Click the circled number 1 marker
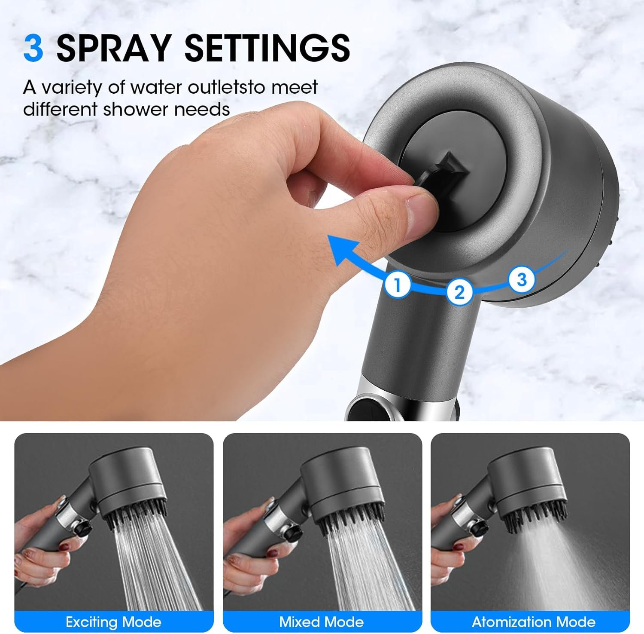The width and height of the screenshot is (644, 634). [398, 285]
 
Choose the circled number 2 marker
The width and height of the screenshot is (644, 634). [459, 292]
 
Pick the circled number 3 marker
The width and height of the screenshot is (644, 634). [522, 279]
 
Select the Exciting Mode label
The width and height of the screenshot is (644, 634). [113, 622]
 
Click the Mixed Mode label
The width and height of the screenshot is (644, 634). [322, 622]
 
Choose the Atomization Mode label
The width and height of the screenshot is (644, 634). [534, 622]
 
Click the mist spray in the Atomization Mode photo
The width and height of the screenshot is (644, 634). [554, 567]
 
